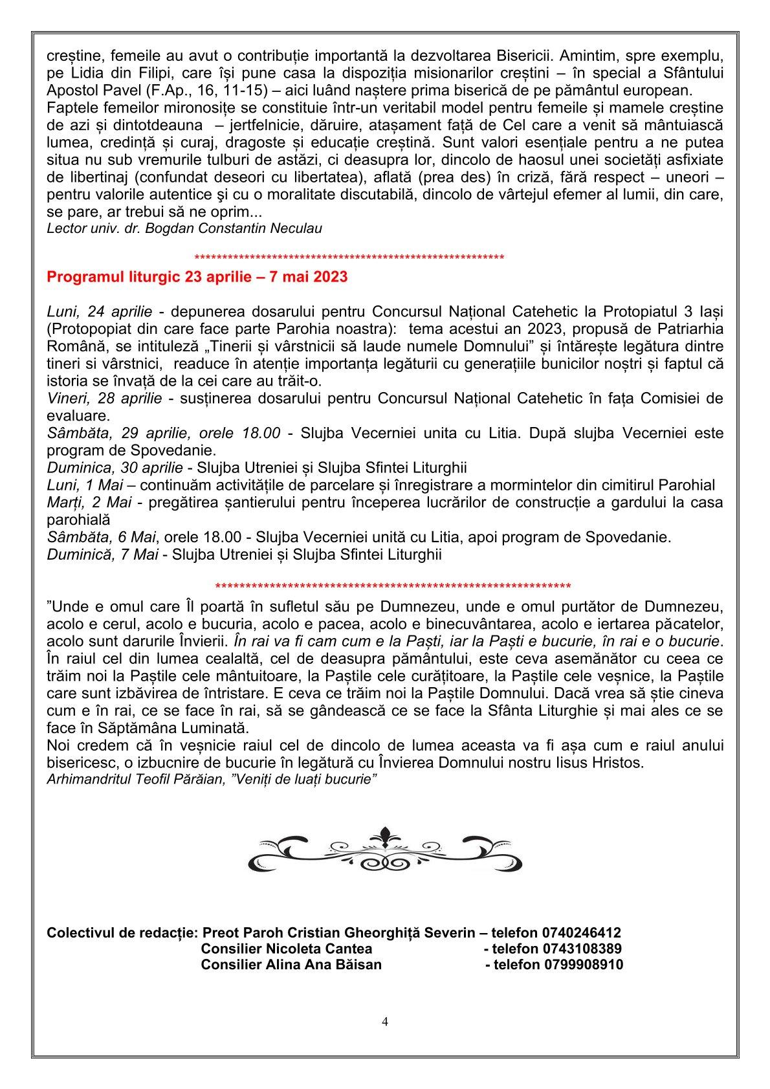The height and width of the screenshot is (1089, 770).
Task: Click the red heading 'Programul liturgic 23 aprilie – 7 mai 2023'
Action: coord(197,278)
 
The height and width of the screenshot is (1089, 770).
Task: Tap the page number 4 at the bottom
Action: coord(385,1022)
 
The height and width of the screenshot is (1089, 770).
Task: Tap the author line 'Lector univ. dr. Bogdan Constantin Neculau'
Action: coord(184,228)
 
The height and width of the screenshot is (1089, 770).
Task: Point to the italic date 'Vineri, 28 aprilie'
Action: coord(105,398)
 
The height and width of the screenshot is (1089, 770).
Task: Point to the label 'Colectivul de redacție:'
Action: coord(122,933)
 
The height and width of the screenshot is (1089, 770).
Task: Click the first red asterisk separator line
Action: coord(349,258)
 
